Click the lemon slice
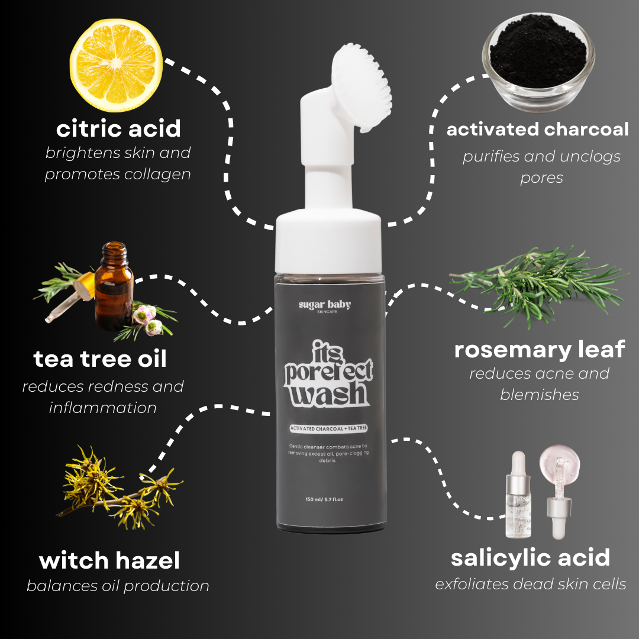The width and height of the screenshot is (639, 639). [x=116, y=65]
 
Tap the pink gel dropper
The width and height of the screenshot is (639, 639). [x=559, y=491]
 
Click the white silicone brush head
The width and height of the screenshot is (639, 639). [x=362, y=88]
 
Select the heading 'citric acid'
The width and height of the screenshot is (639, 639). [x=118, y=129]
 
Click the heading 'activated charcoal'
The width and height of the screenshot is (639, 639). [x=537, y=130]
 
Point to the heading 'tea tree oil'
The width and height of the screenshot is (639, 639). [x=100, y=359]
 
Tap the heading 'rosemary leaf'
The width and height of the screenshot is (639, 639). [x=540, y=350]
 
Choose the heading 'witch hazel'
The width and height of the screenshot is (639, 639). [x=109, y=560]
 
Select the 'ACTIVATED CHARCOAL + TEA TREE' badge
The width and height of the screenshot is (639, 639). [x=328, y=428]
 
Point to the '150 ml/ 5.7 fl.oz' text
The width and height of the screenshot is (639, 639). [x=324, y=499]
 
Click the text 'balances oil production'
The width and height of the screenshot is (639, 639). [x=118, y=586]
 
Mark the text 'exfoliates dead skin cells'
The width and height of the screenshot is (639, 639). [x=531, y=584]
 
